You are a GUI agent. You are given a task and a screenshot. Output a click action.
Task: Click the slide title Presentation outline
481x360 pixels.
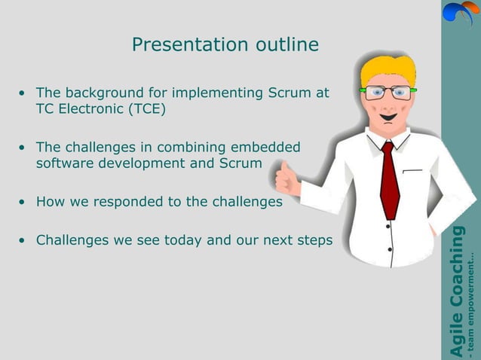pos(225,45)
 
